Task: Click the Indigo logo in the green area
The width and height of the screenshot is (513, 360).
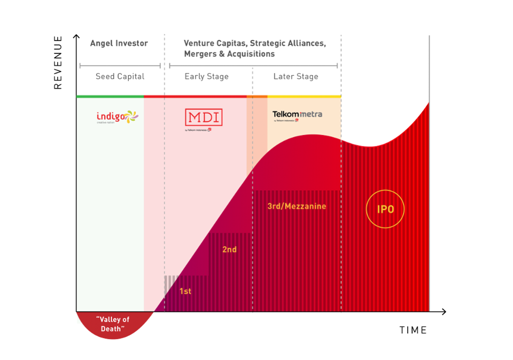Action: coord(117,116)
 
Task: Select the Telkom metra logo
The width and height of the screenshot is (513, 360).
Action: coord(297,115)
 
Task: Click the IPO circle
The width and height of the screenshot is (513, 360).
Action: coord(385,209)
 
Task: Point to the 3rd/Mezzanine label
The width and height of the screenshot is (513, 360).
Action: coord(297,206)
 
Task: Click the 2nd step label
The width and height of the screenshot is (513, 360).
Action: coord(229,249)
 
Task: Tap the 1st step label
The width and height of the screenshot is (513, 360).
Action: coord(185,292)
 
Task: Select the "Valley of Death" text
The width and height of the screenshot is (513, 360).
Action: coord(113,324)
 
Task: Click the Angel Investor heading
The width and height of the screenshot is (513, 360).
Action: coord(119,43)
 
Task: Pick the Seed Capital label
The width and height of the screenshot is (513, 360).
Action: coord(120,76)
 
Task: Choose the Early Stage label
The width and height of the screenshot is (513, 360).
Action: coord(206,76)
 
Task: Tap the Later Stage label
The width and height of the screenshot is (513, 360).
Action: coord(296,76)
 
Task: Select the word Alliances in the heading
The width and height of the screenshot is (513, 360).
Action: coord(305,43)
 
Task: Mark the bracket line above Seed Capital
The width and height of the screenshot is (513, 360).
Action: coord(120,66)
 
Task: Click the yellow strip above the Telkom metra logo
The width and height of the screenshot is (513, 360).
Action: coord(304,96)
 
